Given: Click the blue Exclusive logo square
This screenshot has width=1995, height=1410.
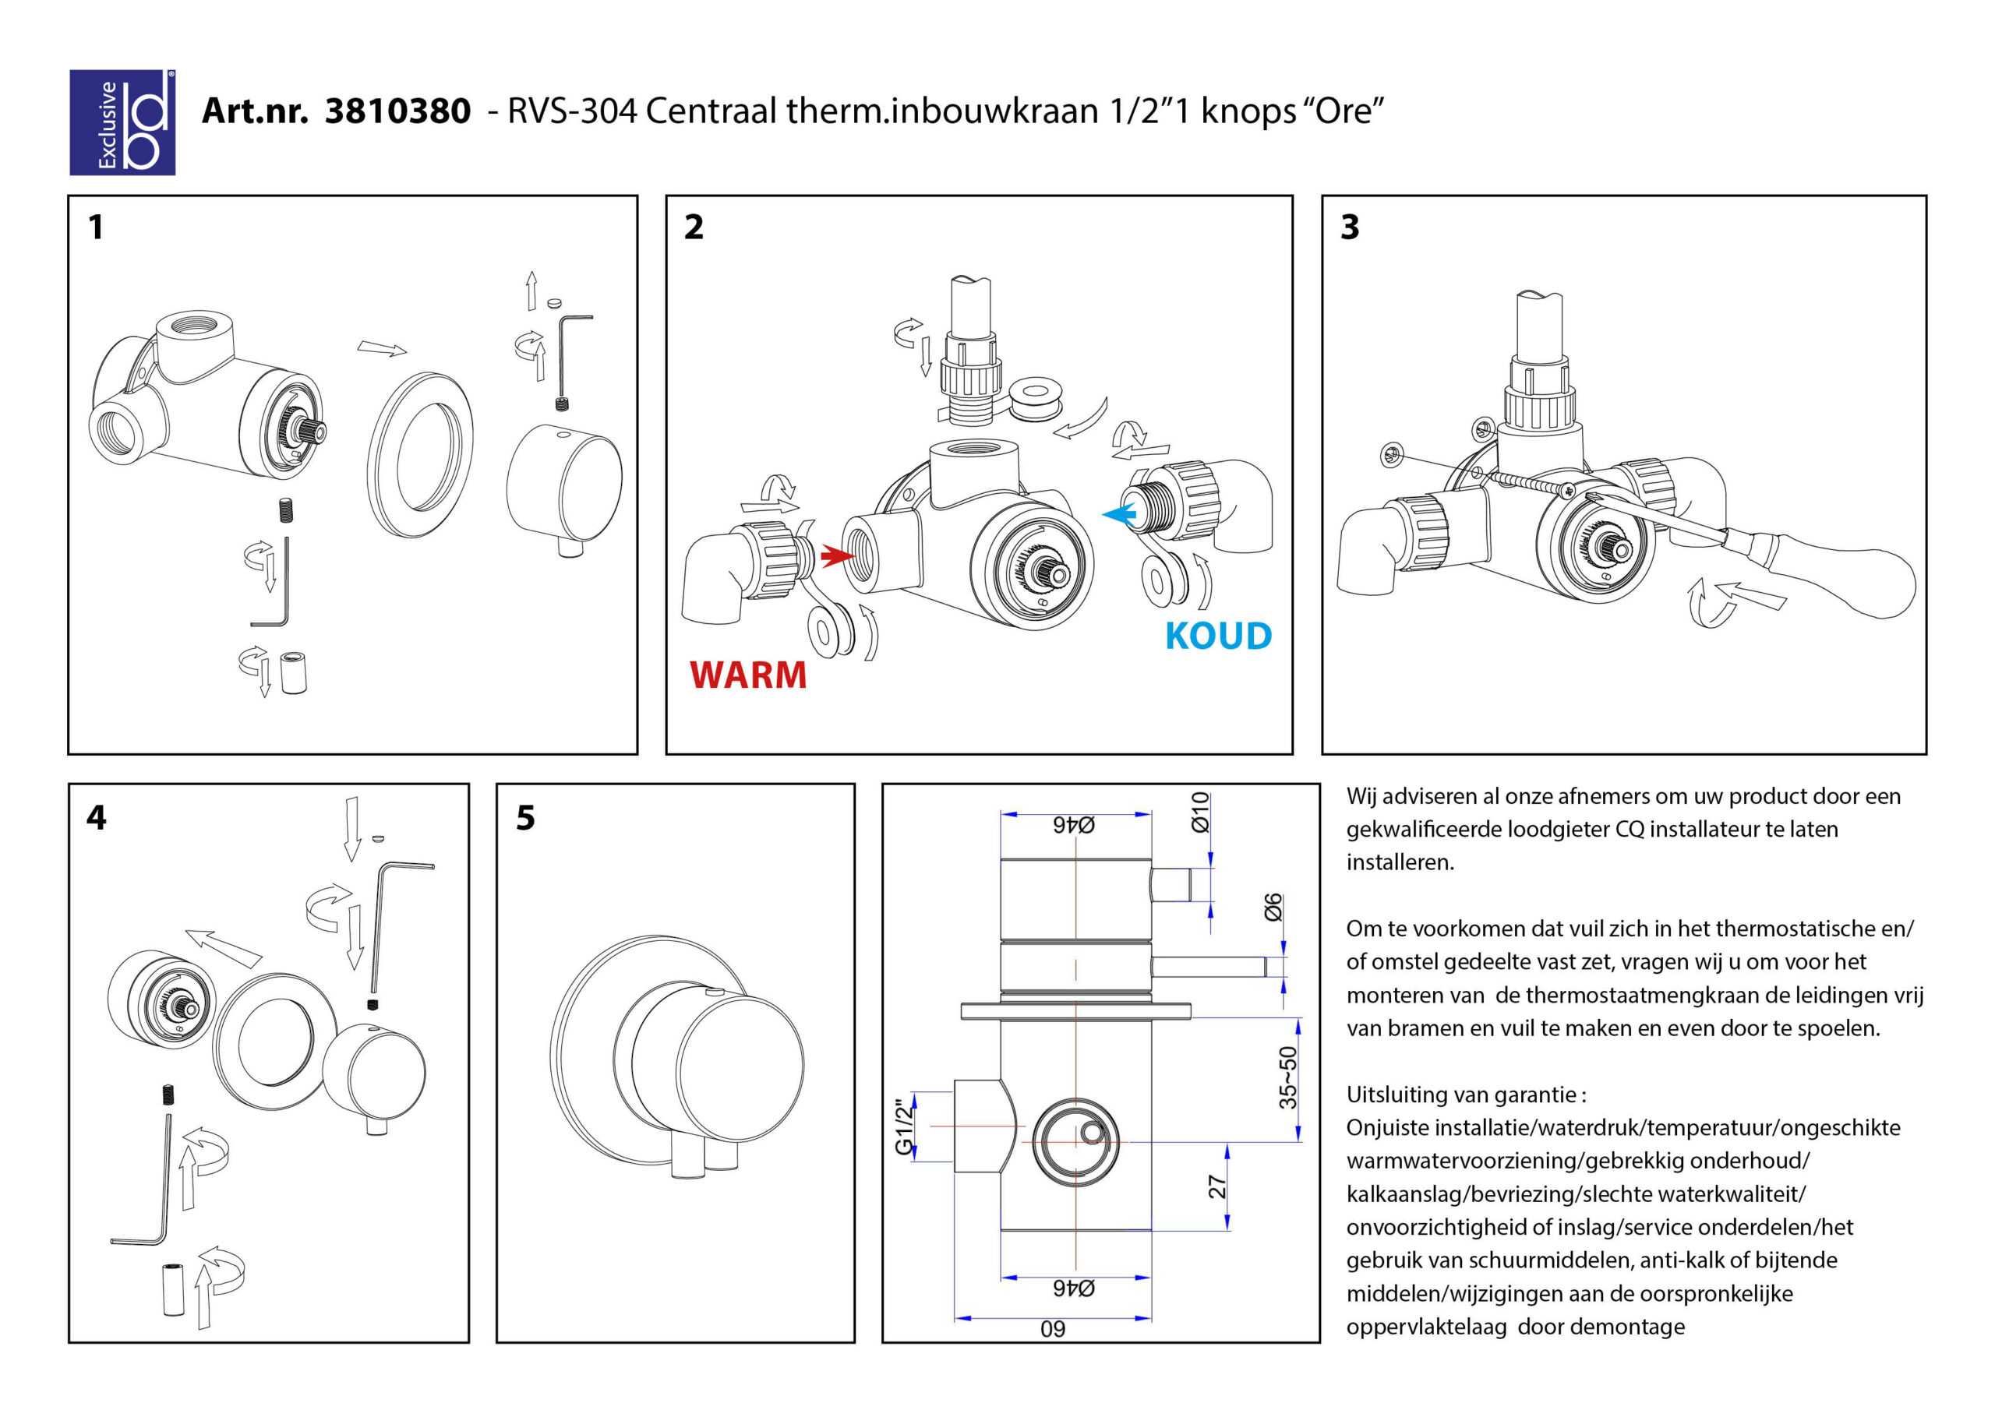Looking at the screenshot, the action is pos(122,122).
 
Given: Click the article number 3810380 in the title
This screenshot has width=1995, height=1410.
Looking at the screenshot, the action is pos(398,111).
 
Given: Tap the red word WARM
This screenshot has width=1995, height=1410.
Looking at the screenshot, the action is pos(748,675).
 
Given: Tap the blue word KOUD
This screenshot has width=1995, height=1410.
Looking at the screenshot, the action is pos(1218,636).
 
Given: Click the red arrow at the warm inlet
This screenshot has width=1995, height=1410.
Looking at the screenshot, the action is pos(838,555).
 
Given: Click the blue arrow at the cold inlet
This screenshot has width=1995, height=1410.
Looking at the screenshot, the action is pos(1119,514).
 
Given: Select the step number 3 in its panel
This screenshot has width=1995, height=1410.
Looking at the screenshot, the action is pos(1350,227).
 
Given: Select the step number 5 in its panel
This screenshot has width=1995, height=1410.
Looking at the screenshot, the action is pos(526,817).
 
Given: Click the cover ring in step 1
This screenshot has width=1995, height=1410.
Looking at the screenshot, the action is pos(421,454).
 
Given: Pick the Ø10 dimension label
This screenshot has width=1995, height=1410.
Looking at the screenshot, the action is pos(1200,813).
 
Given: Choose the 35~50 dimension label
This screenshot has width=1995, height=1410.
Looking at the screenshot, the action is pos(1287,1077).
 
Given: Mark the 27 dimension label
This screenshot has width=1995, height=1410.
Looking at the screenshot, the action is pos(1217,1186).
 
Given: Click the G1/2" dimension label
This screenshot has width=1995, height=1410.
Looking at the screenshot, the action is pos(906,1126).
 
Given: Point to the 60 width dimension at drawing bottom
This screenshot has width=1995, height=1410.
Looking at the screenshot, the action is pos(1052,1329).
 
